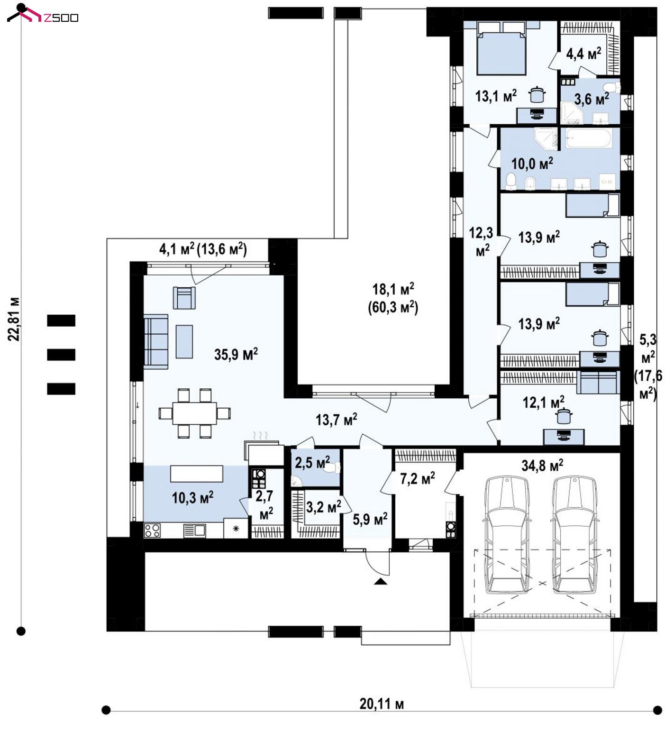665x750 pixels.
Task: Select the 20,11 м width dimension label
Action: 382,704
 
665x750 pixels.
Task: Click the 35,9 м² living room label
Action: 236,354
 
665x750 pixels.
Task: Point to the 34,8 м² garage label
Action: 542,465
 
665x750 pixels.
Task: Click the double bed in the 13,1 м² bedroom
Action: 502,47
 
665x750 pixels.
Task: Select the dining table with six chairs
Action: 195,413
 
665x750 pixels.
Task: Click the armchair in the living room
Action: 184,298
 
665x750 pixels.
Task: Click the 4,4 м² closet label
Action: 583,54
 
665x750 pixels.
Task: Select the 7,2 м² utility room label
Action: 417,478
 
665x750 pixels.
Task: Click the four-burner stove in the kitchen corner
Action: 152,530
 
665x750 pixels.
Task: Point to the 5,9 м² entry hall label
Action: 370,519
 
